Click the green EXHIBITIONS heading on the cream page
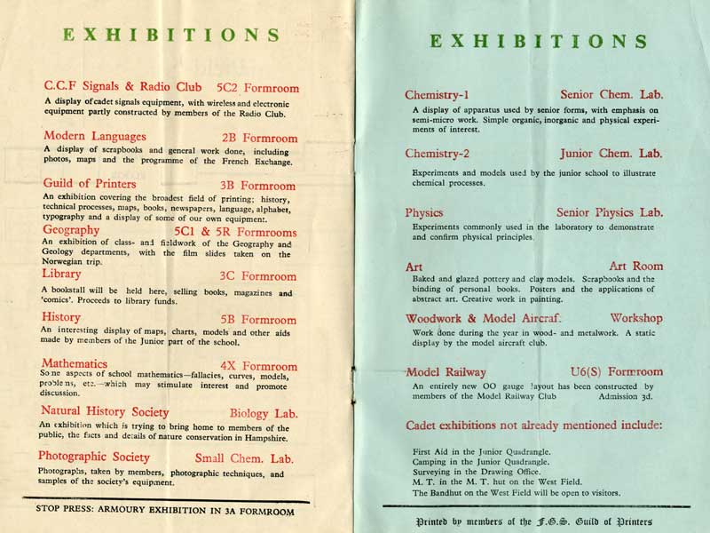[x=171, y=36]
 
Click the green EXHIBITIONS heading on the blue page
[x=538, y=42]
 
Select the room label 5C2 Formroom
[x=257, y=89]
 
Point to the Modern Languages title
[x=95, y=136]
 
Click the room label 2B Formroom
[x=259, y=139]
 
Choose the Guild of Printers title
[x=90, y=184]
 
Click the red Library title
[x=61, y=274]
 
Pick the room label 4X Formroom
[x=257, y=366]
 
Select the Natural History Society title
[x=105, y=411]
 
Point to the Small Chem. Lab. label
[x=244, y=459]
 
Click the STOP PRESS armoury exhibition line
[x=164, y=511]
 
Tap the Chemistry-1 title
[x=437, y=95]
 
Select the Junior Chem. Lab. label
[x=611, y=154]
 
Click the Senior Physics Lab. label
[x=610, y=213]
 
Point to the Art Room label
[x=635, y=266]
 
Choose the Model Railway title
[x=446, y=372]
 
